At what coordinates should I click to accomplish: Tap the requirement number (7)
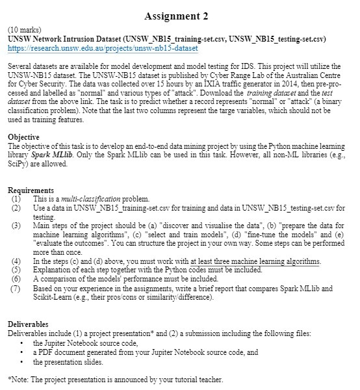click(15, 287)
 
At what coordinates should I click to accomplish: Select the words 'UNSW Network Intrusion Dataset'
click(62, 40)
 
